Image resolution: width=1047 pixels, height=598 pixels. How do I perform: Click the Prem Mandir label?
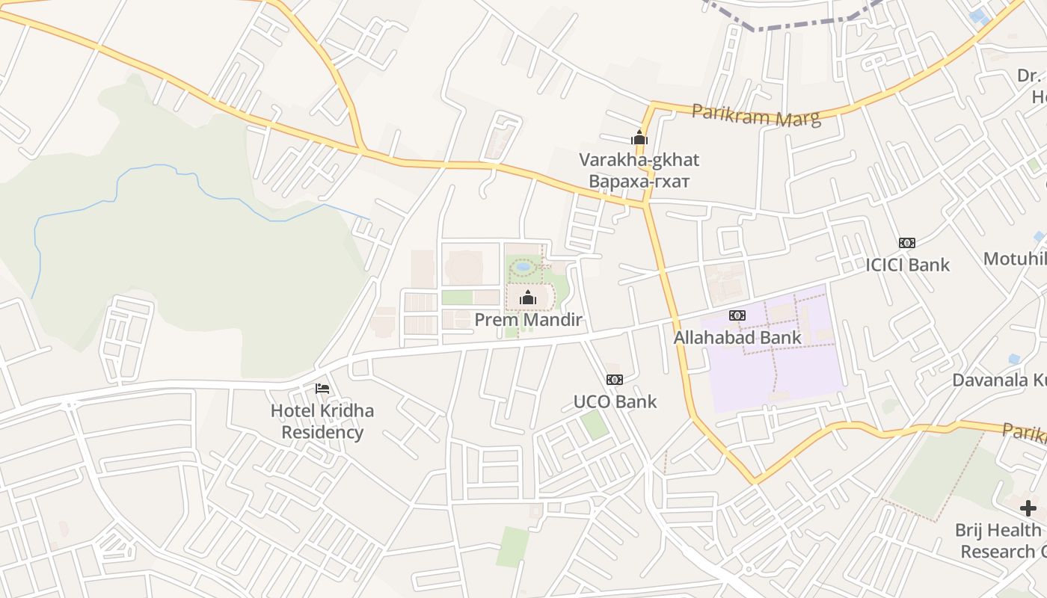528,320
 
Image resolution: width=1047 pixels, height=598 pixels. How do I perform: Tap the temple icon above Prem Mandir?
528,298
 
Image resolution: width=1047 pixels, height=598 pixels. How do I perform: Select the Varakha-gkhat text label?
639,159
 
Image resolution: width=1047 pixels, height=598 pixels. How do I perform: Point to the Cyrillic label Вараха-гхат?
639,181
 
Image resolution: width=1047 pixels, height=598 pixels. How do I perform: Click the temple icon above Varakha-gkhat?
639,138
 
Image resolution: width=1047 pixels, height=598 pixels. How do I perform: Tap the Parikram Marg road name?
755,114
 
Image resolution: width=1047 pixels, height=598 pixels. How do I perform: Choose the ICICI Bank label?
907,265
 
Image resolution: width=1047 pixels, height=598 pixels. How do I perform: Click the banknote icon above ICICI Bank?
907,243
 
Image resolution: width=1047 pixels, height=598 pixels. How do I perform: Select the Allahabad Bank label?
737,337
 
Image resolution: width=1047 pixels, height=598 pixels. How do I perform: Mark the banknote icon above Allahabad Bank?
737,315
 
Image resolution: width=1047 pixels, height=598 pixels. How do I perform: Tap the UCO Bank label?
615,401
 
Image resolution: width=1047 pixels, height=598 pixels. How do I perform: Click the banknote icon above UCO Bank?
615,380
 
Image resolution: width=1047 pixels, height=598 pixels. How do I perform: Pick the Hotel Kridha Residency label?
322,422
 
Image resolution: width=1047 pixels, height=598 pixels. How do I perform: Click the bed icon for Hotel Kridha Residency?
322,388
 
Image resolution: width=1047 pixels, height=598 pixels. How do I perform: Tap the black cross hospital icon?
1028,508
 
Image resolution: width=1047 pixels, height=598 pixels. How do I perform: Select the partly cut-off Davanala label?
999,380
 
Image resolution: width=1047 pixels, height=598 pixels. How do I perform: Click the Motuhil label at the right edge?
1014,259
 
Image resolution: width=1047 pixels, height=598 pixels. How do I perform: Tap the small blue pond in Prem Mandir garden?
523,266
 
